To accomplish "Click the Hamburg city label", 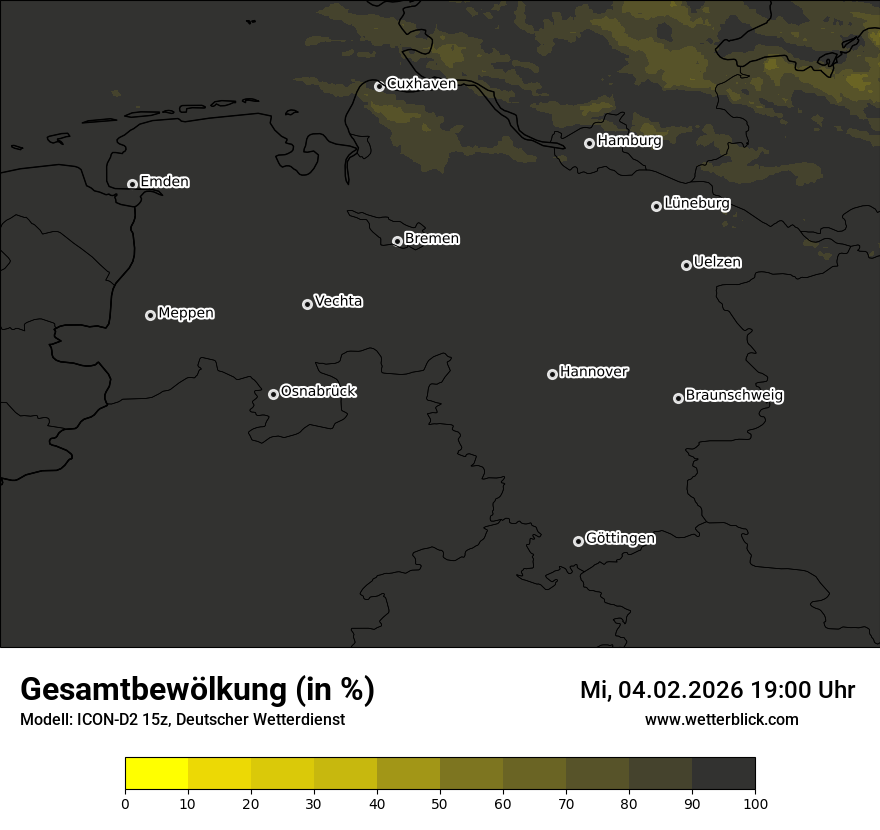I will coord(629,141).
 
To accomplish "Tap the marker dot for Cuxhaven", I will coord(379,86).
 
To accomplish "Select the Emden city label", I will coord(164,182).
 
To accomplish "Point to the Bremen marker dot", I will coord(397,241).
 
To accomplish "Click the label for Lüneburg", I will coord(696,204).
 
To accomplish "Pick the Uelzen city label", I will coord(717,262).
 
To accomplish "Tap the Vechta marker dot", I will coord(307,304).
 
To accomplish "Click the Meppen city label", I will coord(186,313).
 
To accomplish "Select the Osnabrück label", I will coord(318,391).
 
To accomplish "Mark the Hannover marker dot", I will coord(552,374).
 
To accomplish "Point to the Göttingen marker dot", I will coord(578,541).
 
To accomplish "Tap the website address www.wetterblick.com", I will coord(721,720).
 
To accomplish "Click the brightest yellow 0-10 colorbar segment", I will coord(156,774).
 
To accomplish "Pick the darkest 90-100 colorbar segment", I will coord(723,774).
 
